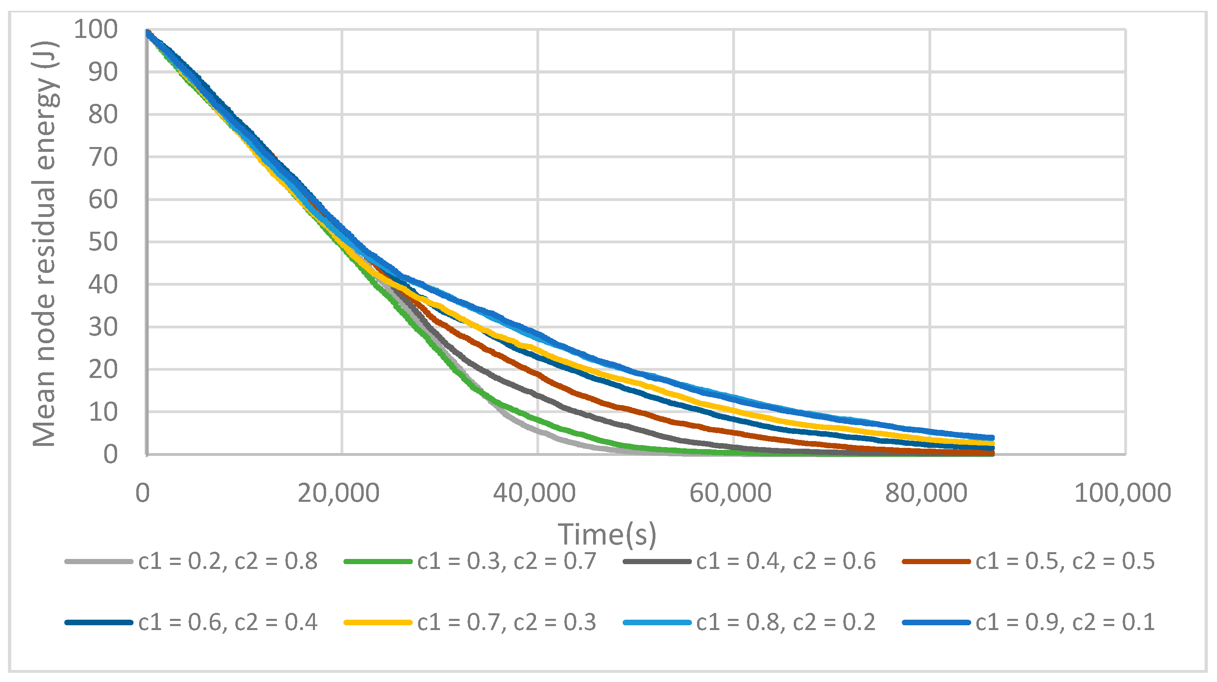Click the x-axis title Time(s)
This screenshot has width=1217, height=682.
tap(607, 534)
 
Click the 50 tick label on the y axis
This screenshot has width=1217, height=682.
tap(103, 242)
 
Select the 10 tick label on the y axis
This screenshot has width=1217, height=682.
tap(103, 412)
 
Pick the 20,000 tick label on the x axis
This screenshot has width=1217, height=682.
tap(338, 493)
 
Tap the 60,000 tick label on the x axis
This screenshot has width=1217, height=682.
tap(730, 493)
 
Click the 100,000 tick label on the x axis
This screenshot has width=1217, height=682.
tap(1123, 493)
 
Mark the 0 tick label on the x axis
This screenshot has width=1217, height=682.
tap(143, 493)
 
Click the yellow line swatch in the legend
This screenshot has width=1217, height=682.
tap(378, 622)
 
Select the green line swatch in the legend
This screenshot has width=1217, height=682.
tap(378, 561)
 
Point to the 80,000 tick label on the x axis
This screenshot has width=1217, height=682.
tap(926, 493)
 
